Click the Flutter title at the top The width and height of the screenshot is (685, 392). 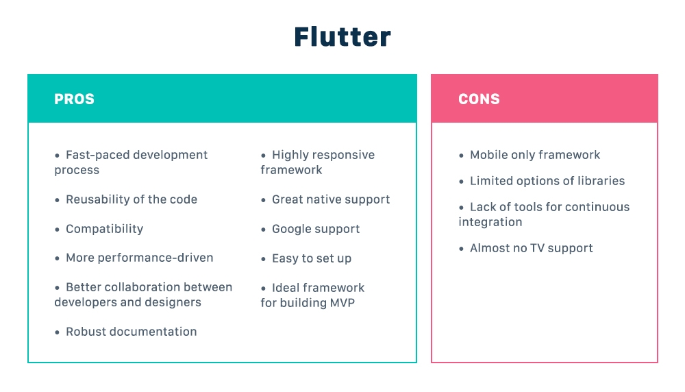342,37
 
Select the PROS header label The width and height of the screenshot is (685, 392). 74,99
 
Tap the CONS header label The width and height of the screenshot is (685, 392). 479,99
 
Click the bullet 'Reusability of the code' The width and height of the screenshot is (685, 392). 131,199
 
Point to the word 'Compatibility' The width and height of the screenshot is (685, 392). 104,229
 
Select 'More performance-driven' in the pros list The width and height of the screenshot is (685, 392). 139,258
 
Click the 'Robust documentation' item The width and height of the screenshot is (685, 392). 131,332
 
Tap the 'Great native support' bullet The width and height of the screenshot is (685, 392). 330,199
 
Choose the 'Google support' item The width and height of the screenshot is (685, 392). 315,229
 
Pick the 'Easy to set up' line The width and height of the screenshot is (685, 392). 311,258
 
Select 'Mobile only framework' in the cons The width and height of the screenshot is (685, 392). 534,155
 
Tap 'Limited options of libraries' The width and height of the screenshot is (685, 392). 547,181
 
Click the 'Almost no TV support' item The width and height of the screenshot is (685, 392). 531,248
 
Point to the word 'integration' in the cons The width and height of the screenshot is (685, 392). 490,222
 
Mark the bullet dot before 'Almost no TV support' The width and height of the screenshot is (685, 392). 461,249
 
